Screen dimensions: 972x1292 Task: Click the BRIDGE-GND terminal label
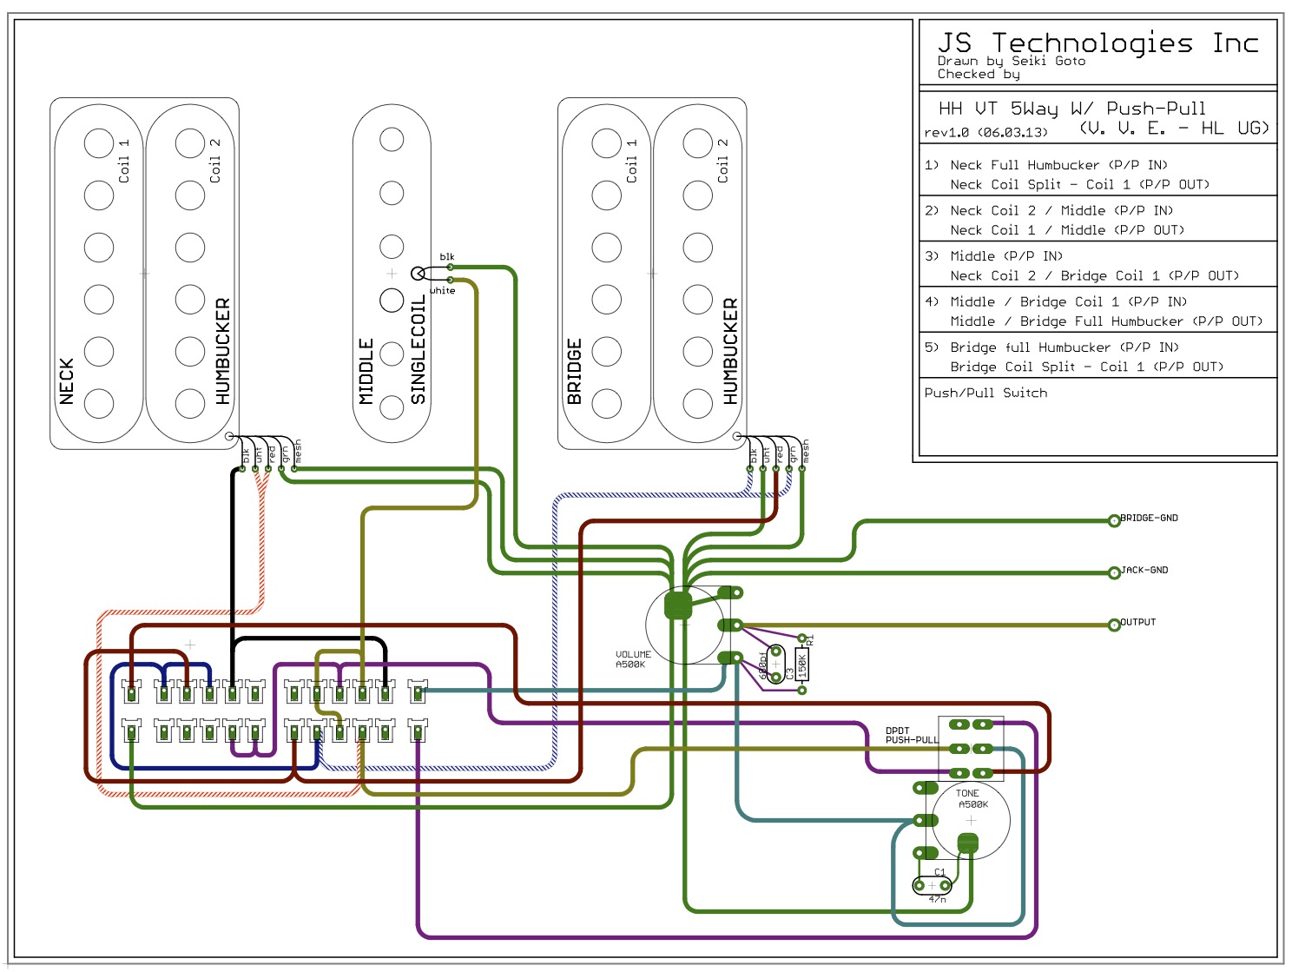(1149, 518)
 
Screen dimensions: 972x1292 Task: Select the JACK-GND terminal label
(1144, 570)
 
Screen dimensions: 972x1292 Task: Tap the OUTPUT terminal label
(1137, 622)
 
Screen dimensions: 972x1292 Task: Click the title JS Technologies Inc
(1098, 43)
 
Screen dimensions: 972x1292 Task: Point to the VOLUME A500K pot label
(632, 659)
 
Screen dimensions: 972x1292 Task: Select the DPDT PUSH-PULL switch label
(911, 735)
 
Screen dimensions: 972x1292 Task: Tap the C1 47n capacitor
(933, 885)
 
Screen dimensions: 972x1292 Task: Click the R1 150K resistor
(802, 665)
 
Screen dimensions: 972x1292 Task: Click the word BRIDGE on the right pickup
(574, 372)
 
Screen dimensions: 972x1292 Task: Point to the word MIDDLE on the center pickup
(366, 371)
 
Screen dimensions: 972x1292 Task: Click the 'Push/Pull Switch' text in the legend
(985, 393)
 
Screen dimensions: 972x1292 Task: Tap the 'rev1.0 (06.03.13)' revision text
(985, 133)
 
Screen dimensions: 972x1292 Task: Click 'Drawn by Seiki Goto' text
(1011, 61)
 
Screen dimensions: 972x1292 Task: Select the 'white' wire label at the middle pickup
(443, 290)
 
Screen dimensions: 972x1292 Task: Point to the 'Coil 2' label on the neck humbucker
(215, 160)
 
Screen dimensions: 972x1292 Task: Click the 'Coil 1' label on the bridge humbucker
(631, 160)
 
